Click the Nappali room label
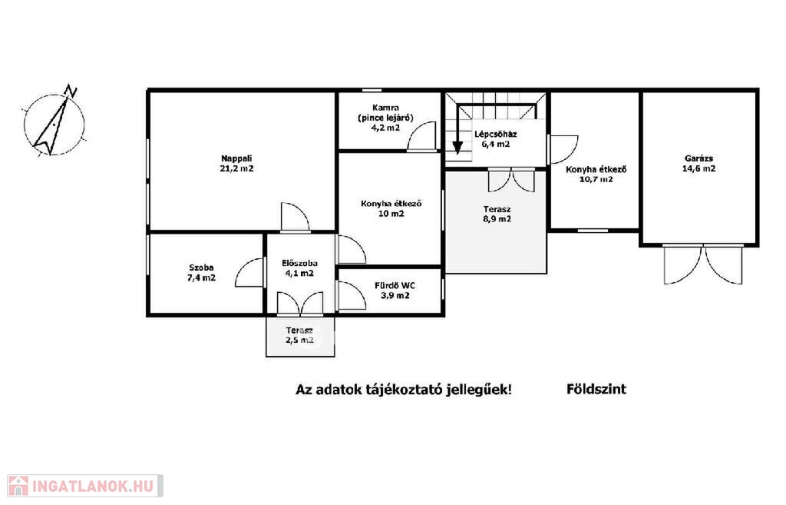236,158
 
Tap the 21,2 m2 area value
236,168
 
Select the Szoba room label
202,267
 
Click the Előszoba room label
300,263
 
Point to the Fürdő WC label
395,286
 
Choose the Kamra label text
386,108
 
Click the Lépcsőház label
496,134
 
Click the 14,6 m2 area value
698,168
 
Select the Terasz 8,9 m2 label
497,214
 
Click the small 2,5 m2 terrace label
299,341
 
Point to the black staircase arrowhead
457,148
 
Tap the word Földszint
596,389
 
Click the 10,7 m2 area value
596,179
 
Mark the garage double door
703,264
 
